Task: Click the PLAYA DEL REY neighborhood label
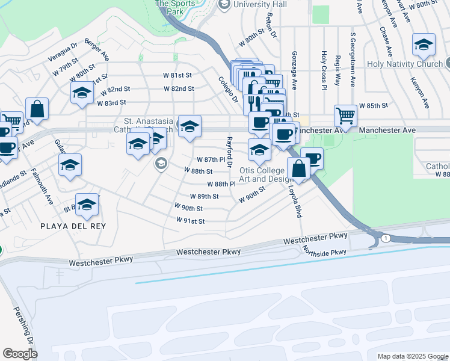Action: (x=73, y=226)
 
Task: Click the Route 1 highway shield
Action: (x=385, y=238)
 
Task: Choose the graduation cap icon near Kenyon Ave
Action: (x=424, y=45)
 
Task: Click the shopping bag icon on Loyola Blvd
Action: (x=298, y=168)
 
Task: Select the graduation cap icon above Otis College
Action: (x=259, y=150)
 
